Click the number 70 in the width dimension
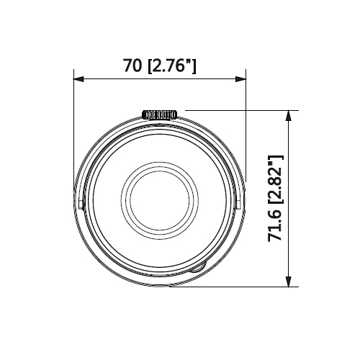pyautogui.click(x=132, y=66)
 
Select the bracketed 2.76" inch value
pyautogui.click(x=172, y=66)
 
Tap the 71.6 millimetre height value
pyautogui.click(x=275, y=225)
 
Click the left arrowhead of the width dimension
pyautogui.click(x=78, y=78)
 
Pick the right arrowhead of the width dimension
pyautogui.click(x=241, y=78)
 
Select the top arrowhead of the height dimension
pyautogui.click(x=289, y=115)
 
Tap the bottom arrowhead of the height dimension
pyautogui.click(x=289, y=282)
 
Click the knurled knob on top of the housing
pyautogui.click(x=160, y=114)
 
